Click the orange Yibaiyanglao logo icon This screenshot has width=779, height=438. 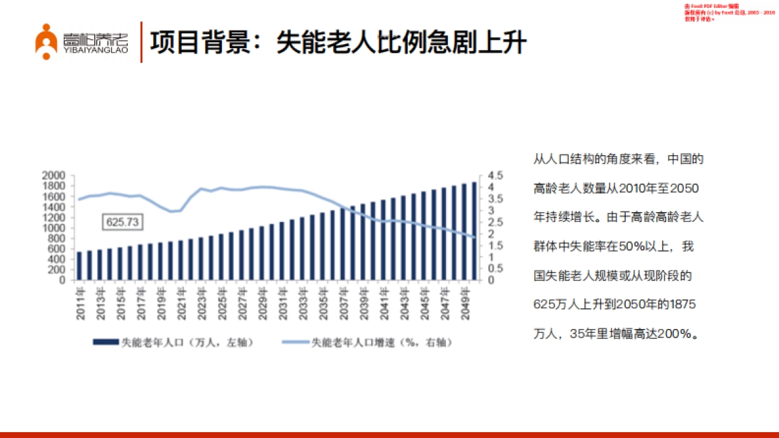(47, 42)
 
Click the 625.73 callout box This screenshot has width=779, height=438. (123, 222)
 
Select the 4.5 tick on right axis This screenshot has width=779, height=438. (495, 176)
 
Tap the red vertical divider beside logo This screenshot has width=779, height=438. (142, 42)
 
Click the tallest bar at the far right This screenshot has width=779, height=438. (474, 231)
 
